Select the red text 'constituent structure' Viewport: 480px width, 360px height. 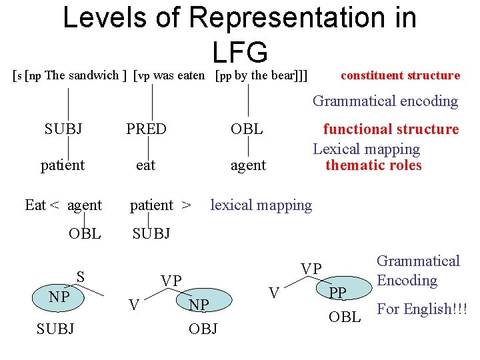400,75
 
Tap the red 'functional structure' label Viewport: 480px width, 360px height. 391,129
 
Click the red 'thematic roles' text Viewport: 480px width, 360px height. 373,165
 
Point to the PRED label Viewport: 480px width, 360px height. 146,129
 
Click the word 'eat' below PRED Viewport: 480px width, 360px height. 145,165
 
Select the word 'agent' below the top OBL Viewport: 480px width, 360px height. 248,165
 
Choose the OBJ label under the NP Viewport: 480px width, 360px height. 203,329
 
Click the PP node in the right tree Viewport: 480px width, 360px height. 338,293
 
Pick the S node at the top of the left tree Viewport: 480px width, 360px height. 80,276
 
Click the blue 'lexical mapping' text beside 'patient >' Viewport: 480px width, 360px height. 261,205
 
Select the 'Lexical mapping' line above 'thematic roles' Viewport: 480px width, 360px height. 367,149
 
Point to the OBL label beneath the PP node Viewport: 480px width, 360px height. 345,317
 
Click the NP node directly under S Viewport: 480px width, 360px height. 59,297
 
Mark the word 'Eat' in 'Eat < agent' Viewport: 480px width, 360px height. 35,205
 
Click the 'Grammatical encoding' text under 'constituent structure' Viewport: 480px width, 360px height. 385,101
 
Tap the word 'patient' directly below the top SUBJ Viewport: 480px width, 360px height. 63,165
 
